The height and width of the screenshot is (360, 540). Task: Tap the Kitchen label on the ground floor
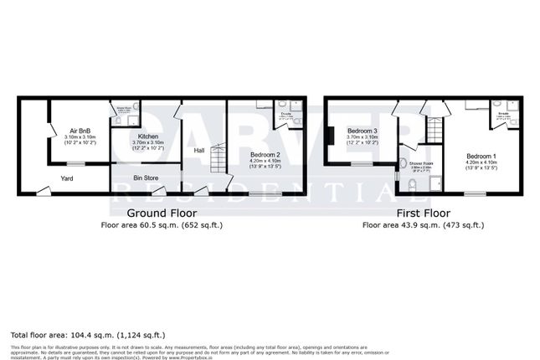(148, 136)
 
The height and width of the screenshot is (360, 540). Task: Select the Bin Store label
(147, 177)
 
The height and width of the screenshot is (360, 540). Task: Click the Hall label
(199, 151)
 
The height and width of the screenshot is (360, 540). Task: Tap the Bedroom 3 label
(363, 131)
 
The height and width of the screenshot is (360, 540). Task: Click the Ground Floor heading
(161, 213)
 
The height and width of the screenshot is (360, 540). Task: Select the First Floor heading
(422, 213)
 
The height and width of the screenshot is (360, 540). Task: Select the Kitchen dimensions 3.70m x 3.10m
(148, 143)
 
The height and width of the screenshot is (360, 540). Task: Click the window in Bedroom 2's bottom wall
(265, 194)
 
